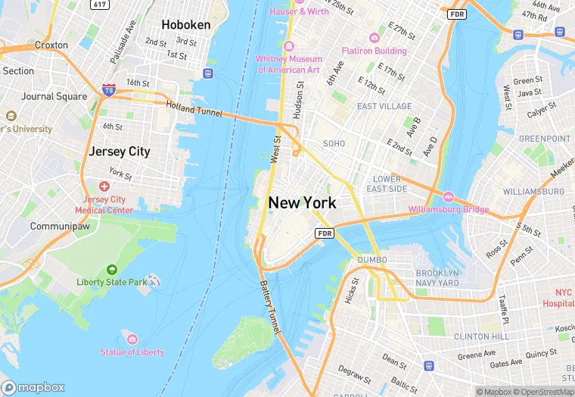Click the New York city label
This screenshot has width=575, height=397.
[x=302, y=202]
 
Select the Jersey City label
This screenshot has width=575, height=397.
[x=119, y=151]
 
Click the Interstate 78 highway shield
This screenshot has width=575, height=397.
[x=109, y=91]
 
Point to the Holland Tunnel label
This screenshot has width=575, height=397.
[x=194, y=110]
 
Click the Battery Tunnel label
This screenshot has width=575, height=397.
[x=271, y=308]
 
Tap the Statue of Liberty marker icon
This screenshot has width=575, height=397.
[x=132, y=339]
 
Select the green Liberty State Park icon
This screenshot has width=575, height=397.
[x=112, y=269]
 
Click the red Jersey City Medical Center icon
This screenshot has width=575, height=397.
[x=104, y=186]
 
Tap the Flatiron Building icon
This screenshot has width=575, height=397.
[x=374, y=38]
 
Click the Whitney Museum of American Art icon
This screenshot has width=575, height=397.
[x=289, y=46]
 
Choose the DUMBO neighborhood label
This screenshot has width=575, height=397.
[x=371, y=260]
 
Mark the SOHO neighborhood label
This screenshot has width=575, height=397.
[x=334, y=143]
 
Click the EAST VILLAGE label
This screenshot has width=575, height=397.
[x=384, y=107]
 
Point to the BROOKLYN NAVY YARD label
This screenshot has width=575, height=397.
[x=437, y=277]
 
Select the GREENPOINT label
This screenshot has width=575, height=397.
[x=544, y=139]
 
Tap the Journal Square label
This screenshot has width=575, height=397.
[x=54, y=96]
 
